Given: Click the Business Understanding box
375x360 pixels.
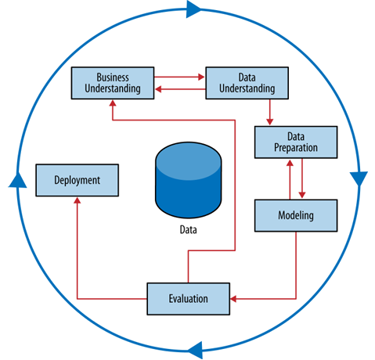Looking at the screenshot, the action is [x=113, y=83].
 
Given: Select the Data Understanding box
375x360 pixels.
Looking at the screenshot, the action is [x=247, y=83].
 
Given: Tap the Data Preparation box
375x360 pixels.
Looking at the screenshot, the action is [x=296, y=142].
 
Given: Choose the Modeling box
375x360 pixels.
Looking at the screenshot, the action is [x=296, y=215].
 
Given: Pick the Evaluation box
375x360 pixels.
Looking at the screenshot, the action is [x=188, y=299].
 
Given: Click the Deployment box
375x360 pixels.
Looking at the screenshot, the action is [x=77, y=180].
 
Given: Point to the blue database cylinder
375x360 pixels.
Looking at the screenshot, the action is [x=188, y=180].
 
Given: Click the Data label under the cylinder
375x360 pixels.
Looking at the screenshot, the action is [x=188, y=230].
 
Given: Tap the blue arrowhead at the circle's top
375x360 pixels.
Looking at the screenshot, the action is [x=193, y=9].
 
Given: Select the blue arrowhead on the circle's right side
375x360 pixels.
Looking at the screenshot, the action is [x=359, y=178].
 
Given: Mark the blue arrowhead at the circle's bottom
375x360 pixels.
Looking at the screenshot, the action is [x=196, y=350].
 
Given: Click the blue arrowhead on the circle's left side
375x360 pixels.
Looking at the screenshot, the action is [x=17, y=181].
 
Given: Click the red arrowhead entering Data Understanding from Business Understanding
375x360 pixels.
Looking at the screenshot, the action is [x=201, y=77].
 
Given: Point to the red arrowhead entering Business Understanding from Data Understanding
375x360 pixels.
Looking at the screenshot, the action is [x=158, y=89].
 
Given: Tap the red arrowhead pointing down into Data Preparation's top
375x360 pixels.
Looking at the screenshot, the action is [x=270, y=122].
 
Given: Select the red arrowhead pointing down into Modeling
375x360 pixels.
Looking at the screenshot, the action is [x=302, y=195].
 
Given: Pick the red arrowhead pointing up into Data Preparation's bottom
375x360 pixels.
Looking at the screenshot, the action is [x=290, y=163].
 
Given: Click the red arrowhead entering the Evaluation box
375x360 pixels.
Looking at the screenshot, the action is [x=233, y=299].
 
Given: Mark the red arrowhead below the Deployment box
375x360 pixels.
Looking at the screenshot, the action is [x=77, y=200].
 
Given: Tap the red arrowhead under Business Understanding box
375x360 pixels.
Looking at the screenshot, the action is [x=113, y=103].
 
